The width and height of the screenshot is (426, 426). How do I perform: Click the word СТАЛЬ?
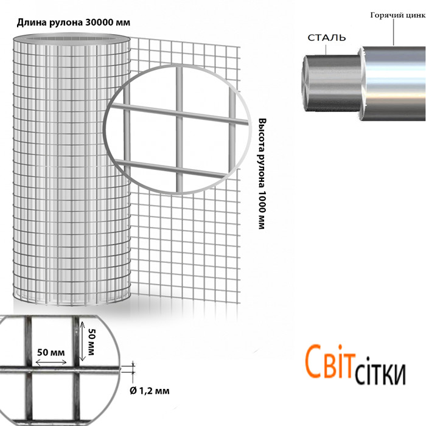(x=328, y=38)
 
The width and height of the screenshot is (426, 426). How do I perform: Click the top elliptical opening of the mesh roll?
(x=72, y=40)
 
